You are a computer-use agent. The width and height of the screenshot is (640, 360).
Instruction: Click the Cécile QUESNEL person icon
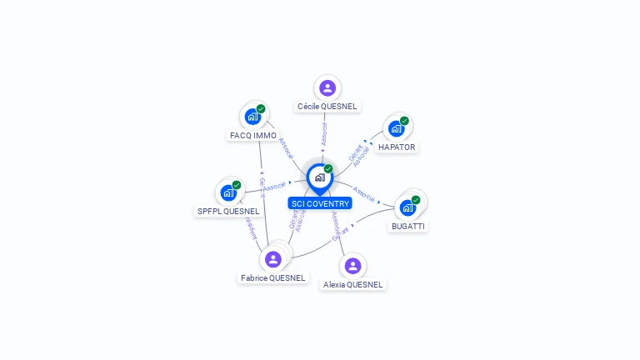pyautogui.click(x=327, y=87)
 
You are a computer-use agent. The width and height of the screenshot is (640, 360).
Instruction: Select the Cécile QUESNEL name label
pyautogui.click(x=327, y=107)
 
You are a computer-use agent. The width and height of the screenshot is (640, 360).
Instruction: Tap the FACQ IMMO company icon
pyautogui.click(x=252, y=117)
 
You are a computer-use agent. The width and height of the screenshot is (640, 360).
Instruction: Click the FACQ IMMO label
pyautogui.click(x=253, y=135)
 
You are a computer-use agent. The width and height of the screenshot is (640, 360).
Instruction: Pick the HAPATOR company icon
pyautogui.click(x=396, y=128)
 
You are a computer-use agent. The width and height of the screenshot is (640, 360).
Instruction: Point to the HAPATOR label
pyautogui.click(x=397, y=147)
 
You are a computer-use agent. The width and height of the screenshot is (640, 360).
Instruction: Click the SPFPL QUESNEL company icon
pyautogui.click(x=228, y=192)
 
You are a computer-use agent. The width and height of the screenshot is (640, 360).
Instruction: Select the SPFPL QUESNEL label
pyautogui.click(x=228, y=211)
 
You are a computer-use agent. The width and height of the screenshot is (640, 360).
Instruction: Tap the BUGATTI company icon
pyautogui.click(x=408, y=207)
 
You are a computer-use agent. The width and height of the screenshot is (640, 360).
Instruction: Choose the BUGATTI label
pyautogui.click(x=408, y=226)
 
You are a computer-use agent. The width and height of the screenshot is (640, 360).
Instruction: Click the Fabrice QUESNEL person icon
pyautogui.click(x=272, y=259)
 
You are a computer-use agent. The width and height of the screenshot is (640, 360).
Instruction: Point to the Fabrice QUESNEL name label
pyautogui.click(x=273, y=277)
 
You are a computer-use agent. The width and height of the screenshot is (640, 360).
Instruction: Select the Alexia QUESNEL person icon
pyautogui.click(x=352, y=266)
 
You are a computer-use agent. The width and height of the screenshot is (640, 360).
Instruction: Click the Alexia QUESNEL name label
pyautogui.click(x=353, y=284)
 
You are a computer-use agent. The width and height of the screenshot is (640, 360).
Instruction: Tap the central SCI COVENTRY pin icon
pyautogui.click(x=319, y=177)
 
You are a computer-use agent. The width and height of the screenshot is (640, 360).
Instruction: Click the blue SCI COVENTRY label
pyautogui.click(x=320, y=203)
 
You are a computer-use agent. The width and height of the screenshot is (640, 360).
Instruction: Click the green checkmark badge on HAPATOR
pyautogui.click(x=404, y=121)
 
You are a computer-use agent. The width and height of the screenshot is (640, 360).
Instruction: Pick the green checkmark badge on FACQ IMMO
pyautogui.click(x=261, y=109)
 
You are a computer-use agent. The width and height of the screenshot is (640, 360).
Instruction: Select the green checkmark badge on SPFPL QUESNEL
pyautogui.click(x=237, y=185)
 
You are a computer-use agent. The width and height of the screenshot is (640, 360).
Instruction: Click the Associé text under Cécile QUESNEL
pyautogui.click(x=324, y=132)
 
